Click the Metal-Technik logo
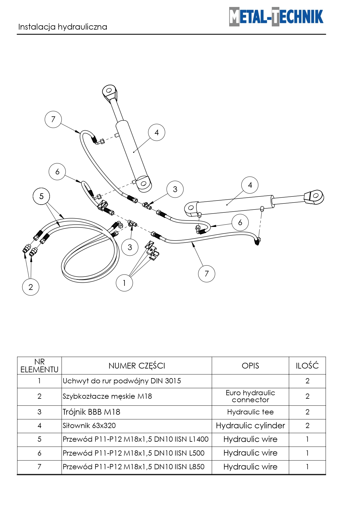[x=276, y=17]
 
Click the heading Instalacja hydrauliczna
[x=63, y=27]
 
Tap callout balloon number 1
[x=124, y=283]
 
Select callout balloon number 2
[x=30, y=287]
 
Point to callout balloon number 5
[x=41, y=196]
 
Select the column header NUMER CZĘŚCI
[x=137, y=366]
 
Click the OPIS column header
[x=250, y=366]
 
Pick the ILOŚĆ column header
[x=307, y=366]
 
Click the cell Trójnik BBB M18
[x=91, y=412]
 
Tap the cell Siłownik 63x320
[x=89, y=426]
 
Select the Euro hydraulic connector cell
[x=250, y=396]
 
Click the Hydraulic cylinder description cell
[x=250, y=426]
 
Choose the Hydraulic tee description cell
[x=250, y=412]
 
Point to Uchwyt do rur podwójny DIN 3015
[x=122, y=381]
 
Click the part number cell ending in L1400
[x=136, y=439]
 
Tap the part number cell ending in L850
[x=134, y=467]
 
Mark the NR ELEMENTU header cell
[x=39, y=366]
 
